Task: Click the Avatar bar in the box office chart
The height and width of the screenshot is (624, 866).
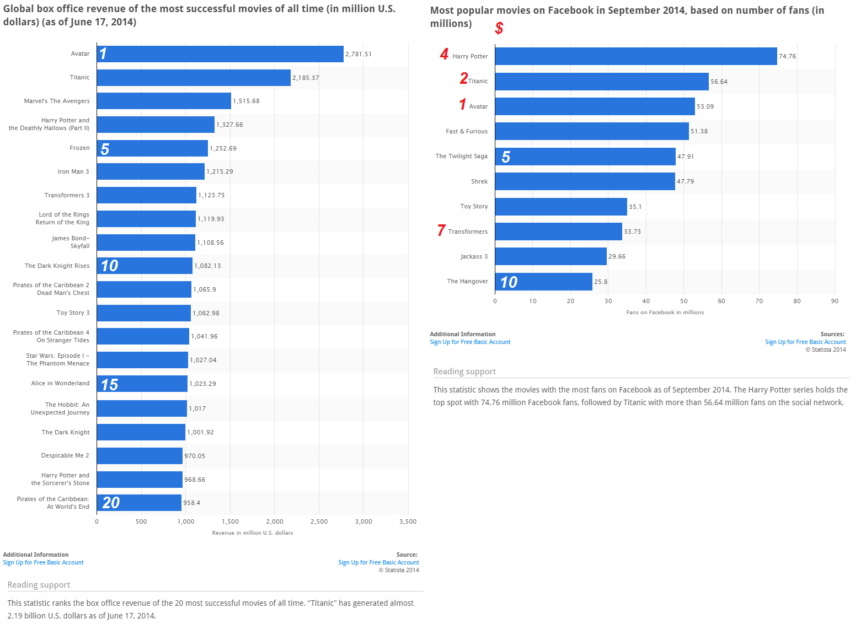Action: click(x=221, y=54)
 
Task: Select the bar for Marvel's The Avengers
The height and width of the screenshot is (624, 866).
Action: click(x=164, y=101)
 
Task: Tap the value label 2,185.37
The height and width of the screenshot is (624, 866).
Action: click(x=306, y=78)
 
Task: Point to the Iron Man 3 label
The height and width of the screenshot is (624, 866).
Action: click(x=73, y=171)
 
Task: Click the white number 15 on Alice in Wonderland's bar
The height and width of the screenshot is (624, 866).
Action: click(x=109, y=384)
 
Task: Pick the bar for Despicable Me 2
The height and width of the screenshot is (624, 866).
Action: click(x=140, y=456)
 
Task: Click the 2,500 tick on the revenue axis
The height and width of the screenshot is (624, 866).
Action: click(x=319, y=521)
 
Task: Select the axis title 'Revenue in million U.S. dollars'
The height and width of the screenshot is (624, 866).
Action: click(x=253, y=533)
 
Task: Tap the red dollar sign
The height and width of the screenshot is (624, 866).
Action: click(x=499, y=28)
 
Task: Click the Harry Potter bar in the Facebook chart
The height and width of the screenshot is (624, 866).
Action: click(x=635, y=56)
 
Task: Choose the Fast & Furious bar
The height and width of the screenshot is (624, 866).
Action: click(x=591, y=131)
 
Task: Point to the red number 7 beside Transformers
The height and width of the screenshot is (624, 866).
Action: click(x=441, y=230)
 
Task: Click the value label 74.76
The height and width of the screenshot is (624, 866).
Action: click(x=787, y=56)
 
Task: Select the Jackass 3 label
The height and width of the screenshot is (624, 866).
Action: click(x=474, y=256)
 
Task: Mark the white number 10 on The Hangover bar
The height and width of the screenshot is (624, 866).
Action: click(x=509, y=282)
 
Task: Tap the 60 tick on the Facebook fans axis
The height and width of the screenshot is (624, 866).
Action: click(x=721, y=301)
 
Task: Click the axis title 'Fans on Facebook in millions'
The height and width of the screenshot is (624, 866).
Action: click(x=665, y=313)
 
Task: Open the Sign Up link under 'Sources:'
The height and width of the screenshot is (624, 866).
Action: click(x=805, y=342)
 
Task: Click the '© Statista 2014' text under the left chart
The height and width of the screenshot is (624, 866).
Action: click(x=398, y=570)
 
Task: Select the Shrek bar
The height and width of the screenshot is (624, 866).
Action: click(x=585, y=181)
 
